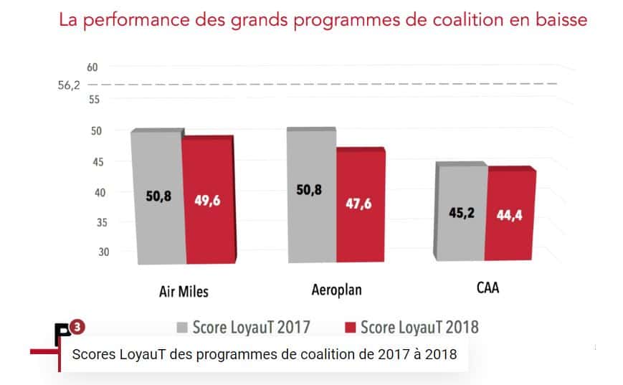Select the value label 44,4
click(510, 215)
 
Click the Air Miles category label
click(184, 291)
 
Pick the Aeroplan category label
click(336, 290)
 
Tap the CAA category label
click(488, 290)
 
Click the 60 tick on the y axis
click(92, 67)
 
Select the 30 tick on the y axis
click(92, 252)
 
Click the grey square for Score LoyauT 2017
click(182, 328)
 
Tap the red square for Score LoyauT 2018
click(351, 328)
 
